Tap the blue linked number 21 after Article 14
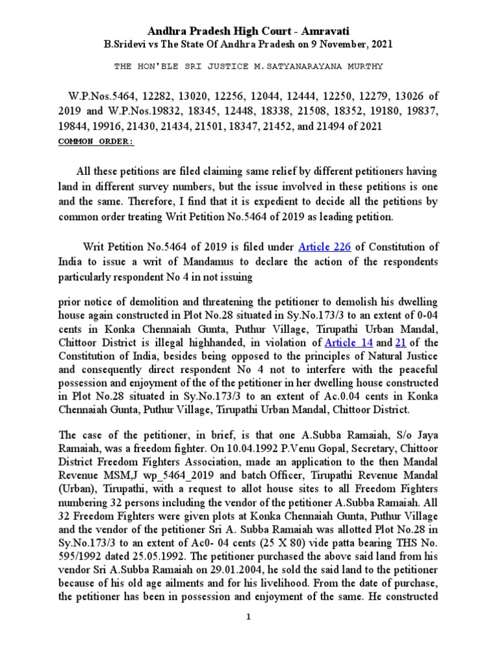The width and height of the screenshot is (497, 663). (x=400, y=343)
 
